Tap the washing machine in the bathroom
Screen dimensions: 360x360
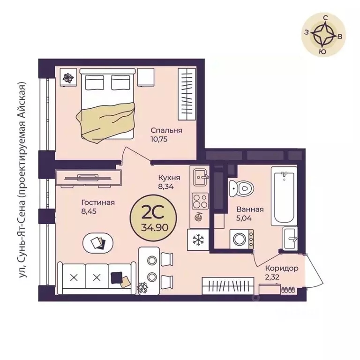(x=241, y=239)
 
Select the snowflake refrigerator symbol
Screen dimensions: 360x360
(x=198, y=240)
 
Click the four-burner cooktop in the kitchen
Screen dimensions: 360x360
(x=200, y=201)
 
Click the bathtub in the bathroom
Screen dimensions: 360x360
(x=284, y=196)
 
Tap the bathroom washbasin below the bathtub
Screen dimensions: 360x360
(x=290, y=239)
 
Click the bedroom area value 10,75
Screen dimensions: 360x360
(x=159, y=139)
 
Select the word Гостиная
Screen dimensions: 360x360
(x=98, y=202)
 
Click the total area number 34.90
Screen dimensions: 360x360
(x=155, y=227)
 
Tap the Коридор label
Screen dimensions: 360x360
(x=282, y=269)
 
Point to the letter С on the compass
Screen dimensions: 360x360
(x=325, y=18)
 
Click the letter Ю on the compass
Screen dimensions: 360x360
(x=323, y=52)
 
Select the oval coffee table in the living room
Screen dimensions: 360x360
(x=98, y=243)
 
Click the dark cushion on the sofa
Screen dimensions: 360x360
(x=116, y=277)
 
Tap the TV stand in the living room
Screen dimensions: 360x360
(x=89, y=178)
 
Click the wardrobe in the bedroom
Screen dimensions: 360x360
(x=187, y=94)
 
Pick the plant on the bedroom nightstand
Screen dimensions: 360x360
(x=68, y=78)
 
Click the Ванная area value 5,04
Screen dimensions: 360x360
(x=244, y=218)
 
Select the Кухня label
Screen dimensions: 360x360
(x=169, y=178)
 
